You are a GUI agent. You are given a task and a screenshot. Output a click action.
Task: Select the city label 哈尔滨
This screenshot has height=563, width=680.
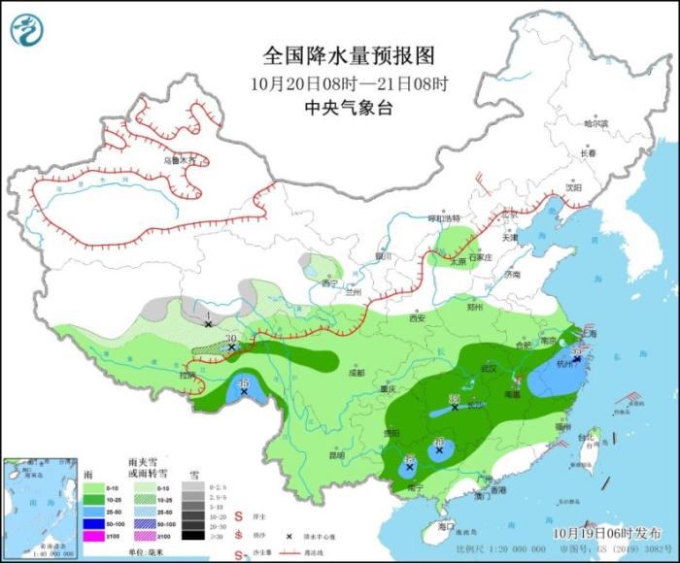point(595,124)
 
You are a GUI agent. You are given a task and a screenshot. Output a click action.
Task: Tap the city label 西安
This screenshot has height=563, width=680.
point(417,317)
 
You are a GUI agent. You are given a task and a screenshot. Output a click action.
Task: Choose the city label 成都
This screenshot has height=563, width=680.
point(356,372)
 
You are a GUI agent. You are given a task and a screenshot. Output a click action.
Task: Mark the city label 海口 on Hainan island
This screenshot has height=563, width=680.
point(446,525)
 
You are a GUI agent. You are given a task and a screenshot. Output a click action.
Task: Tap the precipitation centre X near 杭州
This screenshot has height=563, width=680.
point(577,359)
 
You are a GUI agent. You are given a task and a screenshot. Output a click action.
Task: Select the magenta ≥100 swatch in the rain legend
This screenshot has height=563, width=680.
point(100,536)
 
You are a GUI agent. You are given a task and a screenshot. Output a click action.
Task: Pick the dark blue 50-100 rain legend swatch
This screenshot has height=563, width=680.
point(100,522)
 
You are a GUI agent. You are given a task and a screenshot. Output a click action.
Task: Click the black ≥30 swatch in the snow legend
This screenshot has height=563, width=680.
point(195,536)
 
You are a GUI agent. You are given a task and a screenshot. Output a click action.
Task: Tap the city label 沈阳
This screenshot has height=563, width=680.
point(573,188)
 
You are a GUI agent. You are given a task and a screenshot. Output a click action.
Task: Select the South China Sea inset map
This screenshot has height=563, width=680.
point(39,510)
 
